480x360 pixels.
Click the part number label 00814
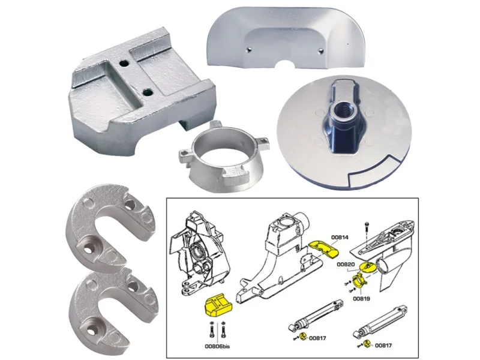(x=340, y=237)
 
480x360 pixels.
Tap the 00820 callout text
(x=346, y=264)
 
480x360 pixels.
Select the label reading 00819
(x=361, y=298)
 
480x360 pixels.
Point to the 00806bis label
(x=217, y=347)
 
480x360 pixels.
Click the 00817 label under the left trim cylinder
(x=317, y=338)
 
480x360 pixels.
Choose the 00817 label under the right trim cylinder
(x=383, y=346)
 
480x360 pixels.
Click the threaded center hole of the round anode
(x=340, y=109)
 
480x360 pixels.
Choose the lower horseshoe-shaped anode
(x=112, y=310)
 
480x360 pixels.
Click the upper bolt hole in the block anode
(x=124, y=64)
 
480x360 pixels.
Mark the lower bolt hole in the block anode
(x=148, y=92)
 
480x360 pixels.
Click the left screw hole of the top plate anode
(x=250, y=49)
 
